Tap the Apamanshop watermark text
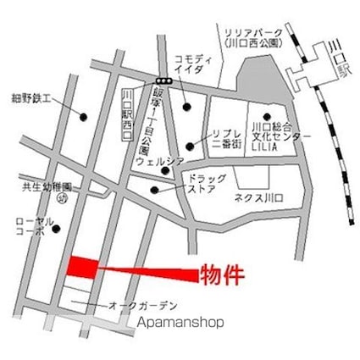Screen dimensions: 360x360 (179, 322)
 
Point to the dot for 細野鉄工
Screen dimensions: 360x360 (83, 115)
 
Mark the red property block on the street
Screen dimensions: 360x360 (82, 267)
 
